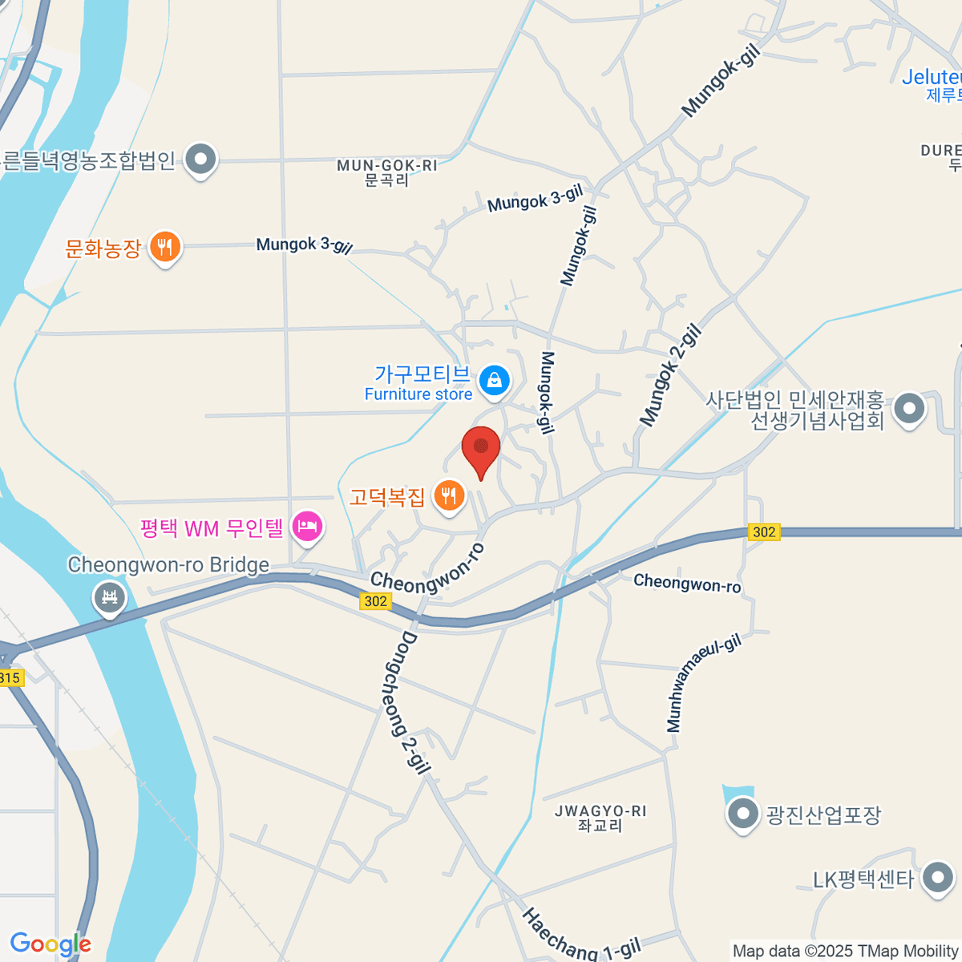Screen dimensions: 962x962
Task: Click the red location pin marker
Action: coord(481,449)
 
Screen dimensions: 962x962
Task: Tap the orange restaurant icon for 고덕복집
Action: coord(449,495)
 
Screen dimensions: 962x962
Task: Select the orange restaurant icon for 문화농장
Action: coord(165,247)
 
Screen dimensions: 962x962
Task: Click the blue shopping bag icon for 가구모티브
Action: coord(494,381)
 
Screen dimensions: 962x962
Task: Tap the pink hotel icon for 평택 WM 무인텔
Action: coord(307,527)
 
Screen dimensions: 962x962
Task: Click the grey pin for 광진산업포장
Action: coord(742,814)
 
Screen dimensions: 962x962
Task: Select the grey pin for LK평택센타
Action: coord(937,878)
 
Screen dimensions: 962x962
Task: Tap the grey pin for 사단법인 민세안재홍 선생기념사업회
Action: coord(908,409)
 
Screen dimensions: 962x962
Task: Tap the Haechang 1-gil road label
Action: coord(582,936)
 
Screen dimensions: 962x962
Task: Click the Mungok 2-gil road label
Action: coord(671,375)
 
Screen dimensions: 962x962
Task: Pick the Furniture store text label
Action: coord(418,394)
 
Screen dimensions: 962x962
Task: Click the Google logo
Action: coord(50,944)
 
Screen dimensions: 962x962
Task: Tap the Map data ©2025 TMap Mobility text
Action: coord(846,952)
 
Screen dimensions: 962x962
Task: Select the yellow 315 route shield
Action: coord(10,678)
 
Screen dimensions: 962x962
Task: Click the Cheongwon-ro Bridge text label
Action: coord(168,565)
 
